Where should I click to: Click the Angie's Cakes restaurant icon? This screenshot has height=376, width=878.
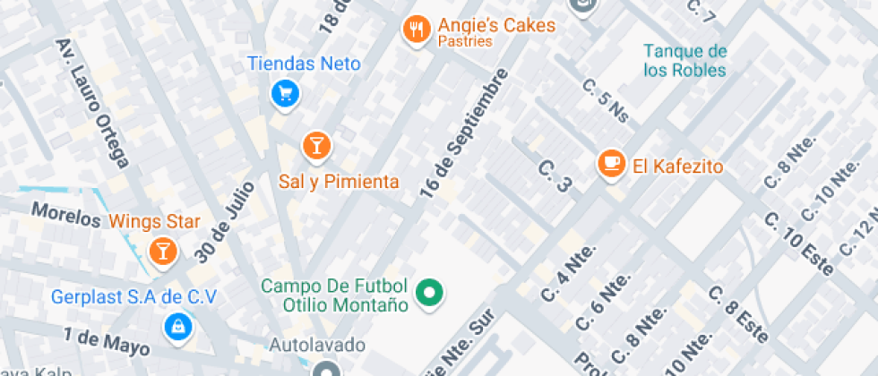point(414,29)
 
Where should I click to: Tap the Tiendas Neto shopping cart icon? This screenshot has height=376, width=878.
point(285,92)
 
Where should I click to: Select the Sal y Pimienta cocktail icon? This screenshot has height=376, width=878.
point(315,144)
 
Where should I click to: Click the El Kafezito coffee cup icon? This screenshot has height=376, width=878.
point(612,163)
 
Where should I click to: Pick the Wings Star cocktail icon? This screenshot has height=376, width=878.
point(163,251)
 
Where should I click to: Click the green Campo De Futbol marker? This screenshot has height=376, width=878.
point(430,292)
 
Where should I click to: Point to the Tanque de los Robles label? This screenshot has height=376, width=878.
point(685,60)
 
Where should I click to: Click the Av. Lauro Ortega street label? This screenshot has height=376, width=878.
point(93,102)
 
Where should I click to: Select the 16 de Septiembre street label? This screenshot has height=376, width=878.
point(463,132)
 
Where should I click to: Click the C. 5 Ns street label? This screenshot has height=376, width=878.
point(606,100)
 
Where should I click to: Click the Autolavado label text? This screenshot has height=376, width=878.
point(318,345)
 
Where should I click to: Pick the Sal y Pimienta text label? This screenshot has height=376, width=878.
point(339,182)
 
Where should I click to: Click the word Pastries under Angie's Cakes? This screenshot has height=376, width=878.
point(465,41)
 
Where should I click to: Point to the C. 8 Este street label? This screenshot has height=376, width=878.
point(738,314)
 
